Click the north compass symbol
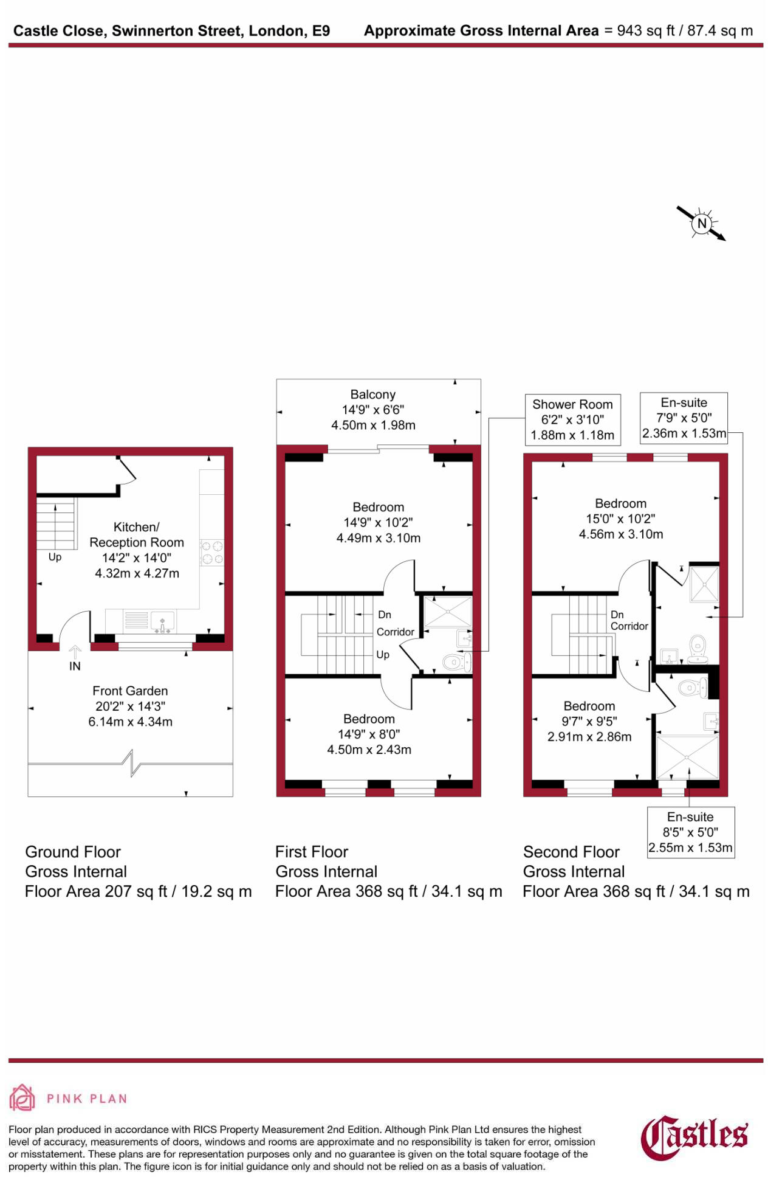(702, 223)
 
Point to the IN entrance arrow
(75, 654)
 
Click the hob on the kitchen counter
(212, 553)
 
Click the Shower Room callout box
(572, 419)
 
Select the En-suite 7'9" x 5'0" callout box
(684, 418)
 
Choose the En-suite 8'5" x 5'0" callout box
(690, 832)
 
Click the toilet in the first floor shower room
(453, 661)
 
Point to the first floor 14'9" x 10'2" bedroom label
(378, 522)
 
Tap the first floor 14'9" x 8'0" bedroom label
(369, 734)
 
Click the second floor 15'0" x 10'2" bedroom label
(620, 519)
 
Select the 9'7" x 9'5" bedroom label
(589, 721)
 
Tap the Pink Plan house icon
(22, 1098)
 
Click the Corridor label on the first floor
(395, 632)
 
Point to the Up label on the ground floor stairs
(55, 557)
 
